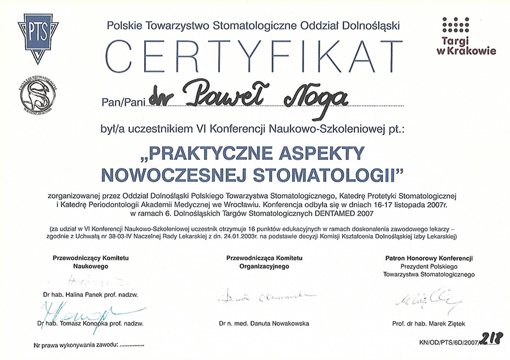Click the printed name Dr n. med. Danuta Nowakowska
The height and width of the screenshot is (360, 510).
tap(263, 324)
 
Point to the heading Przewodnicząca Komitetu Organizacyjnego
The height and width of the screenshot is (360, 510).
tap(263, 262)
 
